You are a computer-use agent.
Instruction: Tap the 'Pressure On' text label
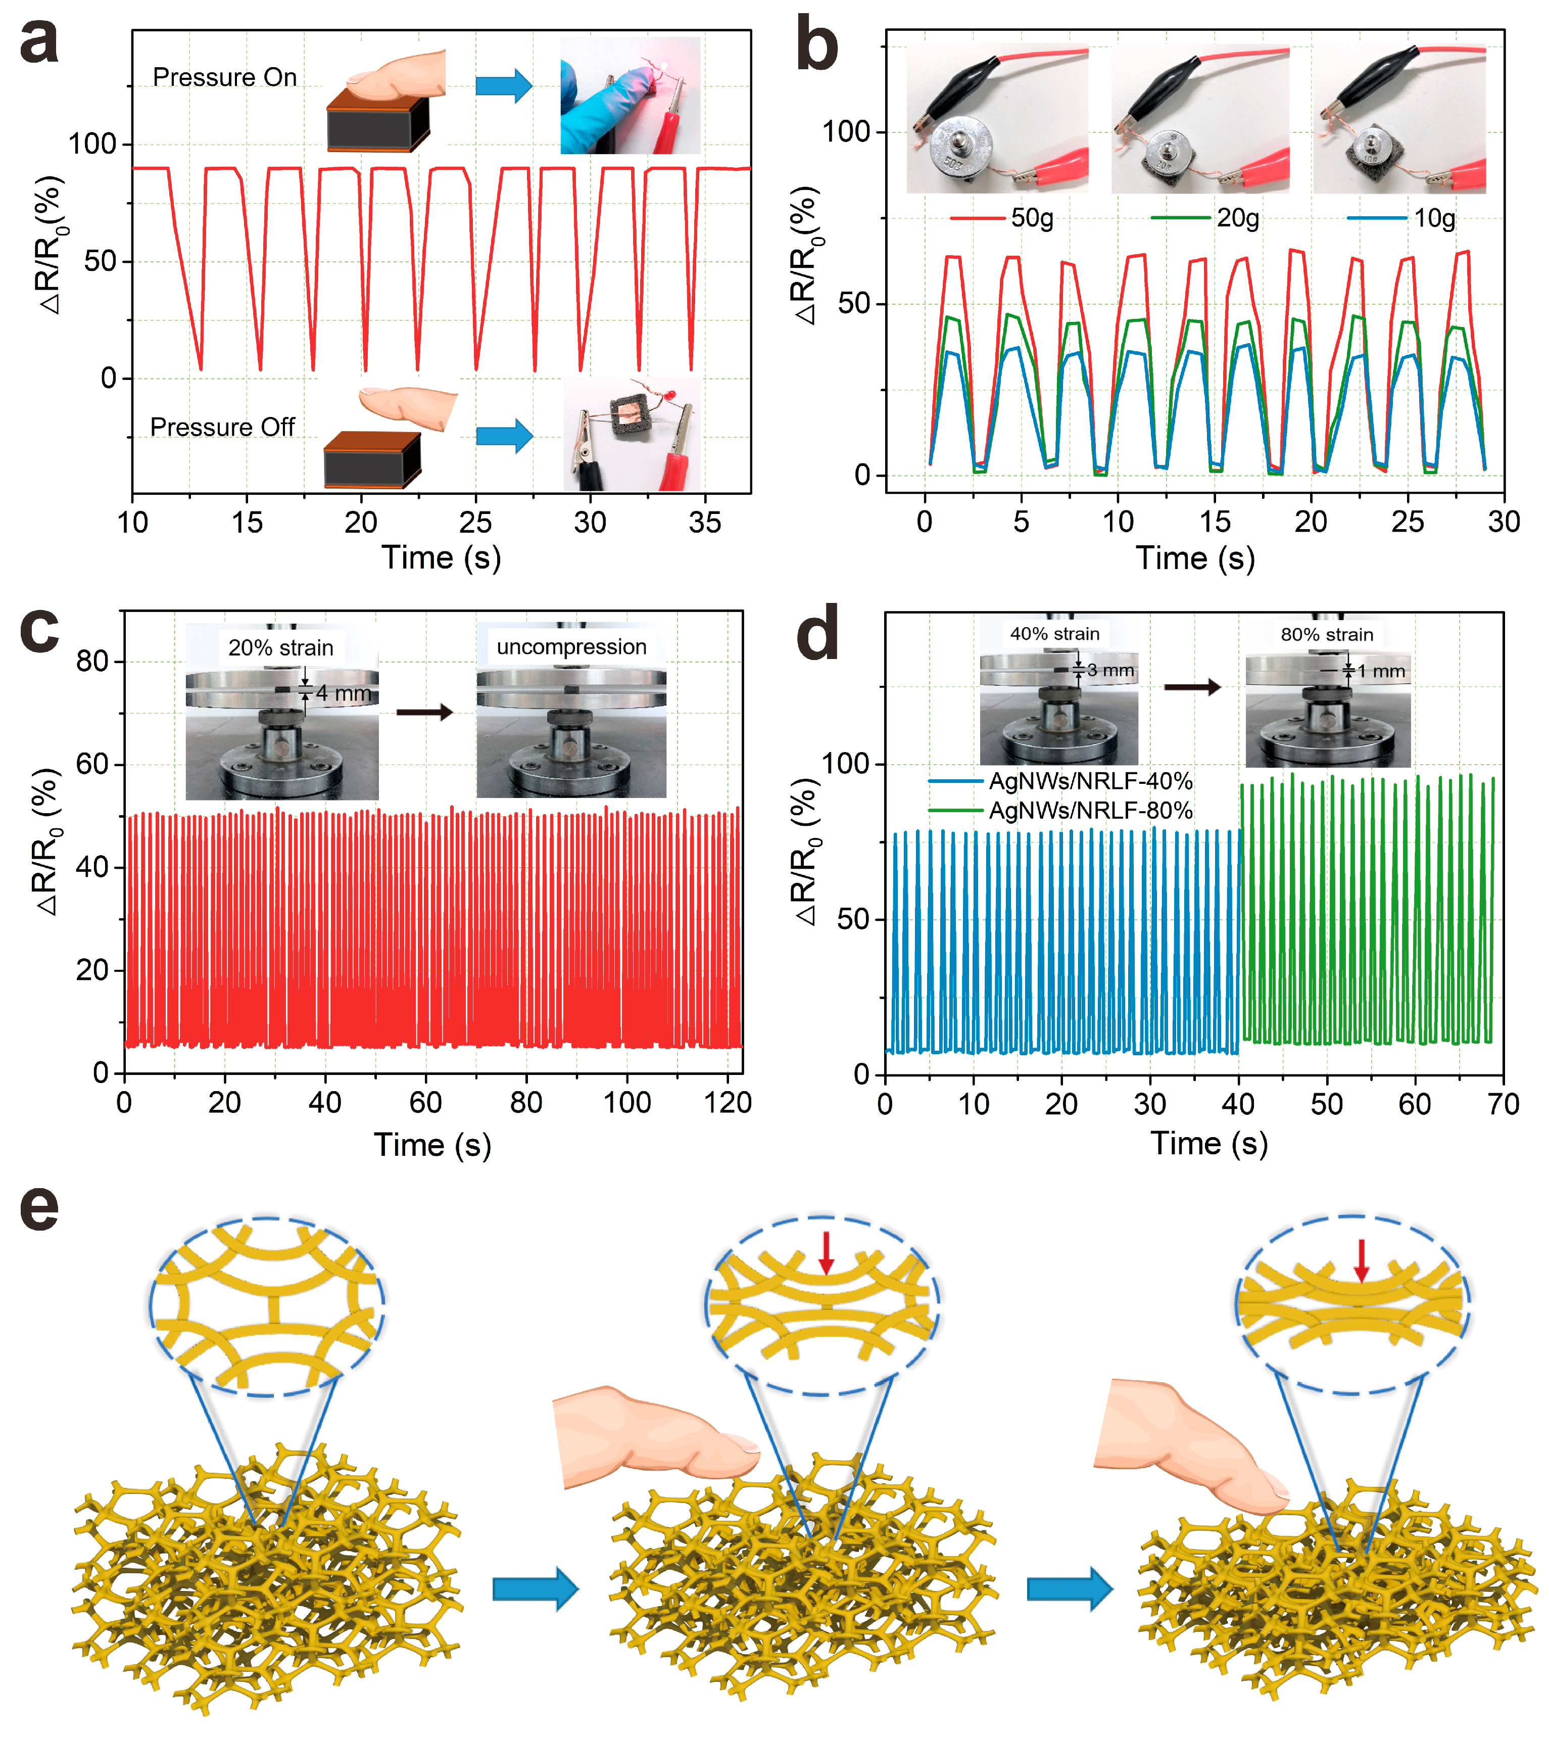(x=225, y=77)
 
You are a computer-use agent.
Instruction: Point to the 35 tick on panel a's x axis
(x=705, y=523)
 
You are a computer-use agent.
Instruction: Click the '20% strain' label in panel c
(x=281, y=648)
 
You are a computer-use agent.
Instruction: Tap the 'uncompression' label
(x=571, y=647)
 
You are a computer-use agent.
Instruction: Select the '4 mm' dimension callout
(x=343, y=693)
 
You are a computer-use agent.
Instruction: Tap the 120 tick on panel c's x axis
(x=728, y=1103)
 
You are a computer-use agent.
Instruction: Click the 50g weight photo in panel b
(x=997, y=119)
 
